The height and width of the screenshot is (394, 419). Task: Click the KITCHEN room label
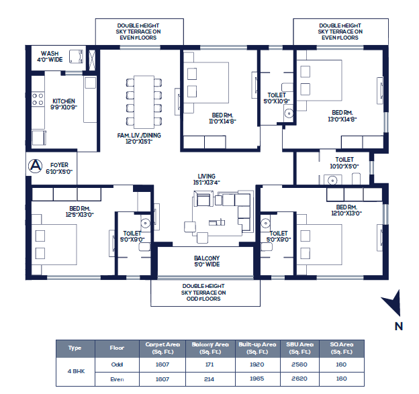click(x=64, y=104)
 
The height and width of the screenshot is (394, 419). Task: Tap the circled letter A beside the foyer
click(x=36, y=166)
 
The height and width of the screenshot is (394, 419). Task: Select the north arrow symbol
click(x=393, y=303)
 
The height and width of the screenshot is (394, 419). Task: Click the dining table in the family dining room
click(x=144, y=102)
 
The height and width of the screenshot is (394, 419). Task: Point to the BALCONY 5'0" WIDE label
click(x=207, y=261)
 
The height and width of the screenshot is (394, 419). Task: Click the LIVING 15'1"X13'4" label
click(x=206, y=179)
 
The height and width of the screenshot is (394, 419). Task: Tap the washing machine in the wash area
click(x=76, y=56)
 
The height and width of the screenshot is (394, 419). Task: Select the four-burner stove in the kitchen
click(x=38, y=99)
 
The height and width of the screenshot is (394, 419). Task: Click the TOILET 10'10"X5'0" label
click(x=344, y=163)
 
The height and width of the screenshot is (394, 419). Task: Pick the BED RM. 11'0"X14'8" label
click(x=222, y=118)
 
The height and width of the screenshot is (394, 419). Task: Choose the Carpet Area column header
click(x=162, y=348)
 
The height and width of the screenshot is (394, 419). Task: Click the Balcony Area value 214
click(x=209, y=379)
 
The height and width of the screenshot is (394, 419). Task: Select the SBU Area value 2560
click(x=299, y=364)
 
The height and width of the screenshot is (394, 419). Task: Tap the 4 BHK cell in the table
click(x=76, y=371)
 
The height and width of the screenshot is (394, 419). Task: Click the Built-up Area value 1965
click(x=257, y=379)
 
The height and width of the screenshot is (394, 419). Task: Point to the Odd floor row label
click(x=117, y=364)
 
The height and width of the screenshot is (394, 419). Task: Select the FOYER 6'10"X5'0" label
click(x=59, y=168)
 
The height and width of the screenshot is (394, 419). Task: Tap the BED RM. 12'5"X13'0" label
click(x=80, y=211)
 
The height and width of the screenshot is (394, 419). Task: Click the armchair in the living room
click(x=203, y=199)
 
